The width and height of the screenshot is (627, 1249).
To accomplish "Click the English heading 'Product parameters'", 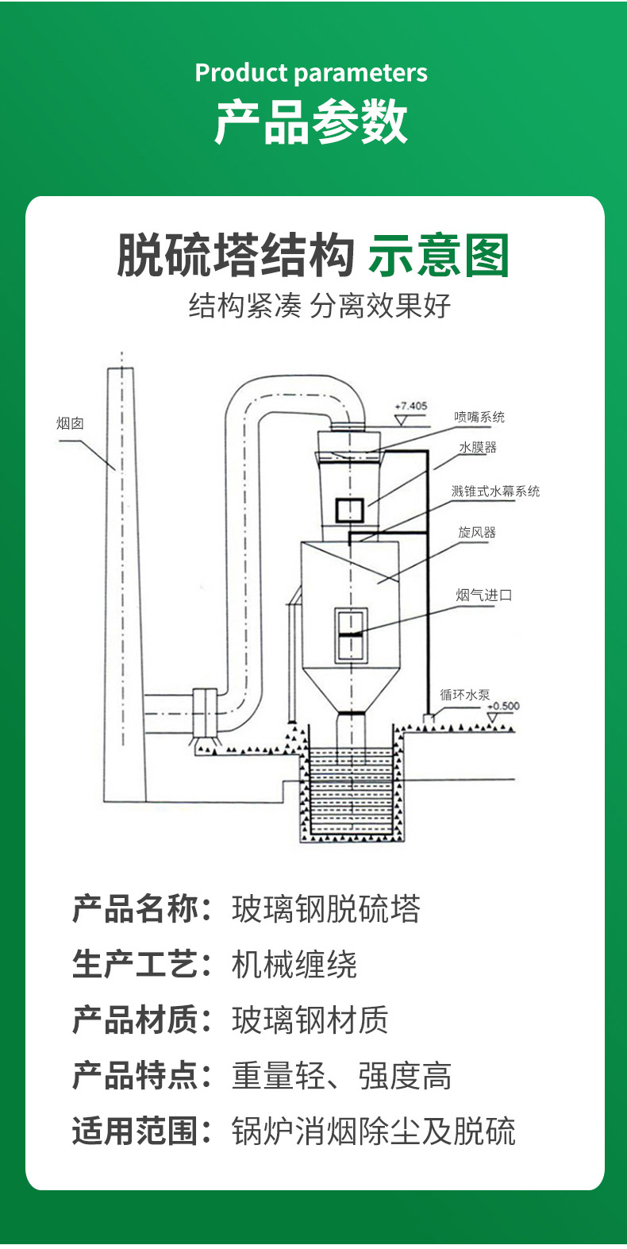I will tap(311, 73).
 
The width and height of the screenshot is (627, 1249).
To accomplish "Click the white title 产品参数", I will tap(311, 122).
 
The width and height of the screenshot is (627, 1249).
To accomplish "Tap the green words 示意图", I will tap(438, 256).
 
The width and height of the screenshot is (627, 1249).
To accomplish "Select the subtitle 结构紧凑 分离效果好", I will tap(319, 305).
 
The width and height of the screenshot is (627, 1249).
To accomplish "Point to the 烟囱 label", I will tap(70, 423).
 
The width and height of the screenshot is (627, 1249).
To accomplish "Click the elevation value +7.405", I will tap(411, 406).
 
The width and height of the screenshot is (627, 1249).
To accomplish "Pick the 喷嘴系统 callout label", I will tap(479, 417).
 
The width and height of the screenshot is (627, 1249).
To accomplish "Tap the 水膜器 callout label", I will tap(478, 448).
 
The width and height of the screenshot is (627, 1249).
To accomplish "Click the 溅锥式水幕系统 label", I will tap(495, 492).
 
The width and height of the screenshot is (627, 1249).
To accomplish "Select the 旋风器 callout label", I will tap(477, 532).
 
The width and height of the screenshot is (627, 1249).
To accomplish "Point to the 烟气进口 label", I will tap(484, 595).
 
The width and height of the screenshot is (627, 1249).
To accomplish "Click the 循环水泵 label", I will tap(465, 695).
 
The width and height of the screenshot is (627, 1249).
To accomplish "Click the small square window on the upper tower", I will tap(349, 510).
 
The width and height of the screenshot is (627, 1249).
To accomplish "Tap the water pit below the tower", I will tap(350, 794).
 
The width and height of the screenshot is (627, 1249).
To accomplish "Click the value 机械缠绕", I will tap(294, 965).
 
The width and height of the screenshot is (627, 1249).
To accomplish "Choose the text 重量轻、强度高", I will tap(342, 1076).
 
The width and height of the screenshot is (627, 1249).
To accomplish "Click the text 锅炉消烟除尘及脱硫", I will tap(374, 1131).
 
